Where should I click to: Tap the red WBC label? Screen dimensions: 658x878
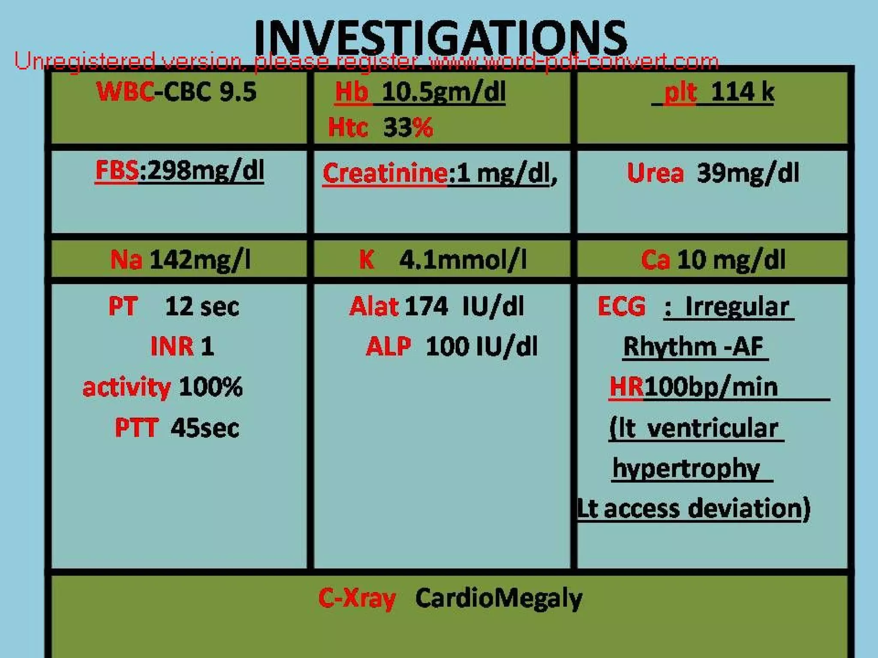125,92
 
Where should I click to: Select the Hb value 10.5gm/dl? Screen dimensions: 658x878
443,93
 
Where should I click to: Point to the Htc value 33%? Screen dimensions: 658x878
408,128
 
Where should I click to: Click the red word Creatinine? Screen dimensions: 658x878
385,173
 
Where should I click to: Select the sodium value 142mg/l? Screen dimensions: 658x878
200,260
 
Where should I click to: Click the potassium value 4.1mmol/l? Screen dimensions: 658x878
463,260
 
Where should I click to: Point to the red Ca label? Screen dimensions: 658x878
655,260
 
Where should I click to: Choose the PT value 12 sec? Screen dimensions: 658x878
202,307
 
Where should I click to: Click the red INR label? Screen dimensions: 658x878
171,346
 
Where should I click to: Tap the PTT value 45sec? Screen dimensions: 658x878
204,428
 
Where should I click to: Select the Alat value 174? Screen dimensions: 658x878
426,307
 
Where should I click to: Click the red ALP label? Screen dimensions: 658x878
388,346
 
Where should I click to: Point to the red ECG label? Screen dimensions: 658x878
621,307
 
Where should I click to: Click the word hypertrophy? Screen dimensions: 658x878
686,468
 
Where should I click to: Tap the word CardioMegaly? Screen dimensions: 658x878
499,598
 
